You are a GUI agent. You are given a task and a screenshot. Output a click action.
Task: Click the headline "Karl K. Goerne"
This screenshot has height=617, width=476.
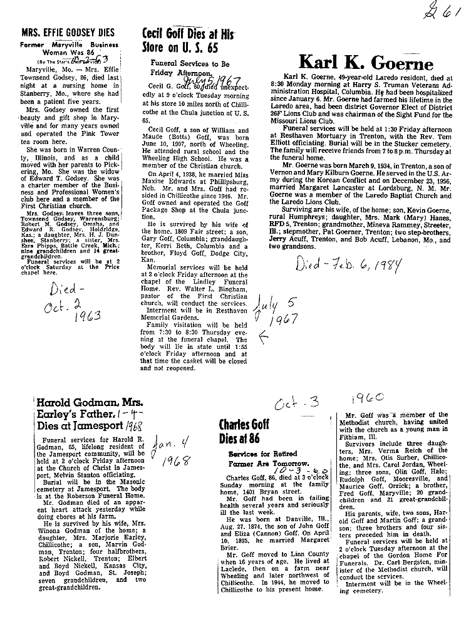pos(366,63)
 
